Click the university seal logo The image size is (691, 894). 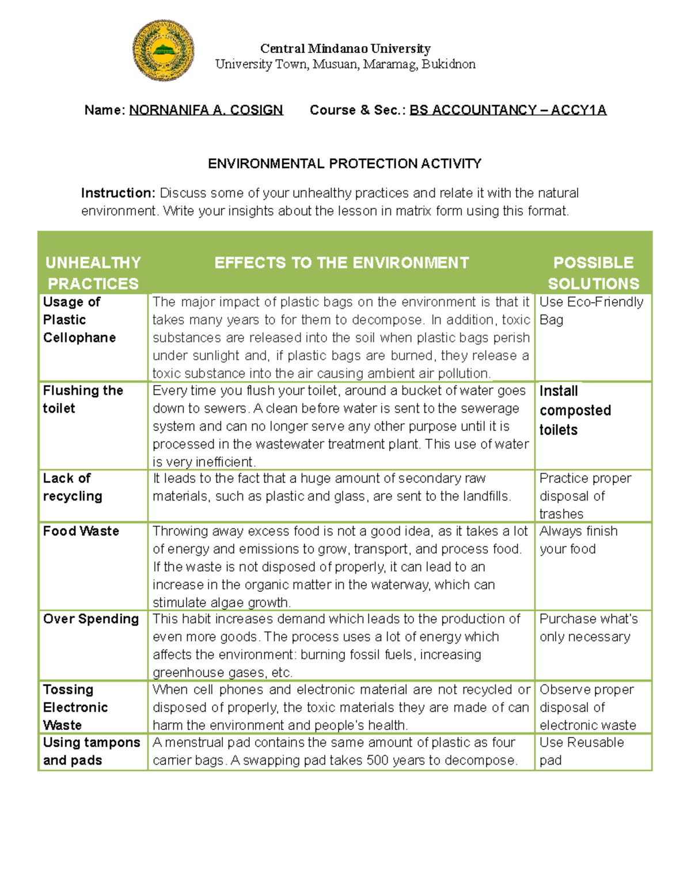click(x=163, y=51)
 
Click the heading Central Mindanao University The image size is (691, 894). click(x=345, y=48)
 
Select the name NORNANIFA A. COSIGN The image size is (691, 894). click(x=206, y=110)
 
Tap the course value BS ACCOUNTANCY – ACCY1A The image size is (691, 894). click(x=507, y=110)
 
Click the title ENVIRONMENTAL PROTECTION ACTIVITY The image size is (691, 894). click(x=344, y=164)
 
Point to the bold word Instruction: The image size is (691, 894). click(x=118, y=193)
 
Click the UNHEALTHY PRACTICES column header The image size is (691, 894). click(x=93, y=273)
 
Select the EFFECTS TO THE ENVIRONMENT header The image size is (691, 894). click(x=341, y=263)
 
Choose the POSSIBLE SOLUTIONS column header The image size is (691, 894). click(x=593, y=273)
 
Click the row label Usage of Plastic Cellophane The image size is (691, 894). click(x=79, y=319)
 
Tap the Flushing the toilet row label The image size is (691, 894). click(x=83, y=399)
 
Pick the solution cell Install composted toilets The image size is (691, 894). click(x=575, y=410)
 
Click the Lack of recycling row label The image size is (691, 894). click(x=73, y=487)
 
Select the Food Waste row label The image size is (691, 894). click(x=81, y=531)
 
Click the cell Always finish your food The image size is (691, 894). click(x=578, y=540)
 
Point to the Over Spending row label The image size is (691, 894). click(x=91, y=619)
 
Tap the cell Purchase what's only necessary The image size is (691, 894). click(x=588, y=627)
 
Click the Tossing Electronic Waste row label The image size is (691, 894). click(x=75, y=707)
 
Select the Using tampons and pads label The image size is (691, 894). click(x=91, y=751)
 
